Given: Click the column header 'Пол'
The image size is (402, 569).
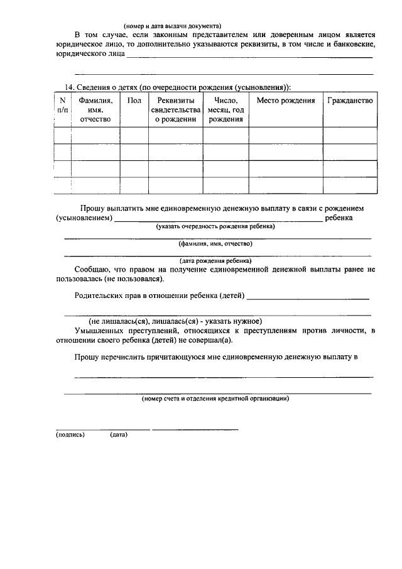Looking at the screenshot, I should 134,101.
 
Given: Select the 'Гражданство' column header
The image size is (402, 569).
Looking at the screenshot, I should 350,101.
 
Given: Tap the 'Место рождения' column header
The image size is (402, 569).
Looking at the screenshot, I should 286,101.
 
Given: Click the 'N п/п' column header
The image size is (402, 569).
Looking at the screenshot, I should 62,105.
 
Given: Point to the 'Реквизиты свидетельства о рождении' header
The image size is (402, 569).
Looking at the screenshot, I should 175,109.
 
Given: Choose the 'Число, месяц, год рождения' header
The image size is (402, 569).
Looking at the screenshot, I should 225,109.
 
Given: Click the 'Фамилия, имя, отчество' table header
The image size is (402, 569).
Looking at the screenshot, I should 95,109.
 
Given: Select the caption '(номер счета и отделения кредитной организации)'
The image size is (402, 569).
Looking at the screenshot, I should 215,399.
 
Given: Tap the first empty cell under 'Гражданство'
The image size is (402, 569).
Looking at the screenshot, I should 350,135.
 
